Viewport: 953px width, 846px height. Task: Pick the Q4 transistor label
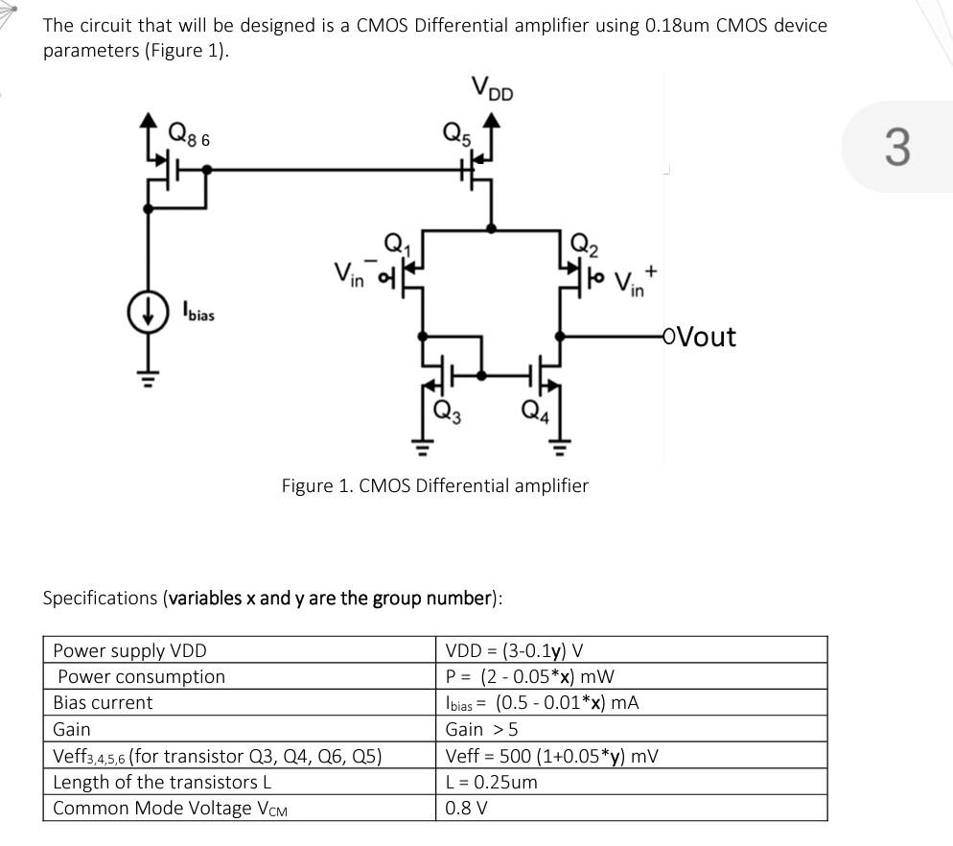pyautogui.click(x=535, y=411)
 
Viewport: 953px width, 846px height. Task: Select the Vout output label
pyautogui.click(x=706, y=337)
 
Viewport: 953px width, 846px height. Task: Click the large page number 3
pyautogui.click(x=895, y=147)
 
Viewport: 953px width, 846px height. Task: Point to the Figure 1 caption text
pyautogui.click(x=434, y=485)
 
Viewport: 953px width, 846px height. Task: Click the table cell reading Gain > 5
pyautogui.click(x=481, y=729)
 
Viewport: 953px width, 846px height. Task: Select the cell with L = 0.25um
pyautogui.click(x=491, y=782)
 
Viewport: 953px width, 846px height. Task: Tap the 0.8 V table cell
pyautogui.click(x=466, y=808)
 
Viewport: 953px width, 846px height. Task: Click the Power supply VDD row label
pyautogui.click(x=129, y=650)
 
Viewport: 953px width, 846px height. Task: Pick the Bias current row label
pyautogui.click(x=103, y=703)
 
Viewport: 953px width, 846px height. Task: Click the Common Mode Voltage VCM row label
pyautogui.click(x=170, y=808)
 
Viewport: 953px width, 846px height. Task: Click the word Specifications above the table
pyautogui.click(x=101, y=599)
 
